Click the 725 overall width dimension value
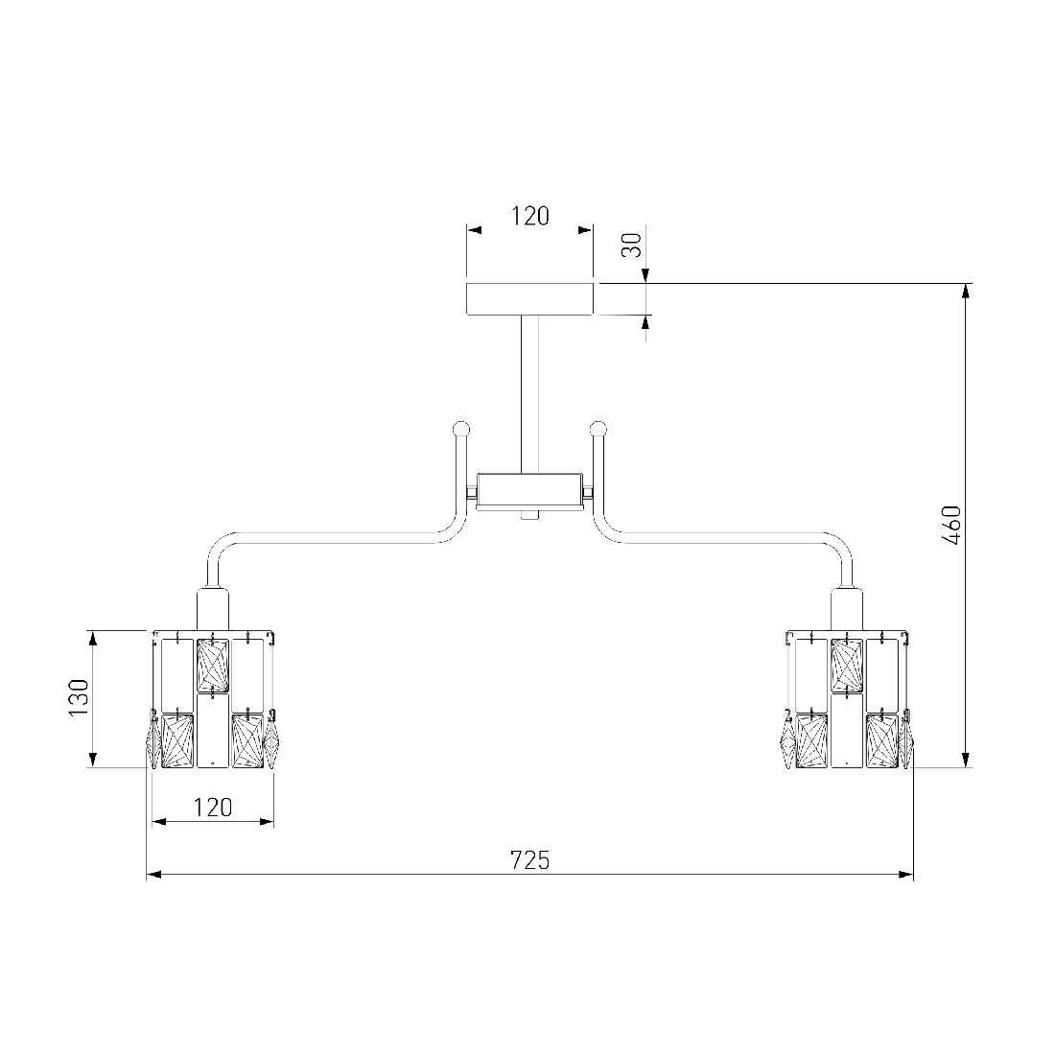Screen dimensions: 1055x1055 coord(529,860)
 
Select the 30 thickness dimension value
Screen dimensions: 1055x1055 coord(632,245)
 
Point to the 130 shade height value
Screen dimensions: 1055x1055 coord(80,697)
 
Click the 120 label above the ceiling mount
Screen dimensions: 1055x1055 coord(530,216)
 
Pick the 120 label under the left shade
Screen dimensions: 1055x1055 coord(213,807)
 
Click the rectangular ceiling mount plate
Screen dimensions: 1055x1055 coord(530,298)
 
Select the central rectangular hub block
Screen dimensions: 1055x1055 coord(529,492)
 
